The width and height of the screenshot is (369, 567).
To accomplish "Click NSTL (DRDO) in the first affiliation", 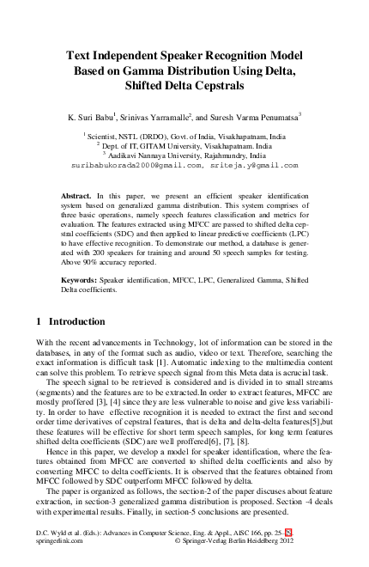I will [140, 136].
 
